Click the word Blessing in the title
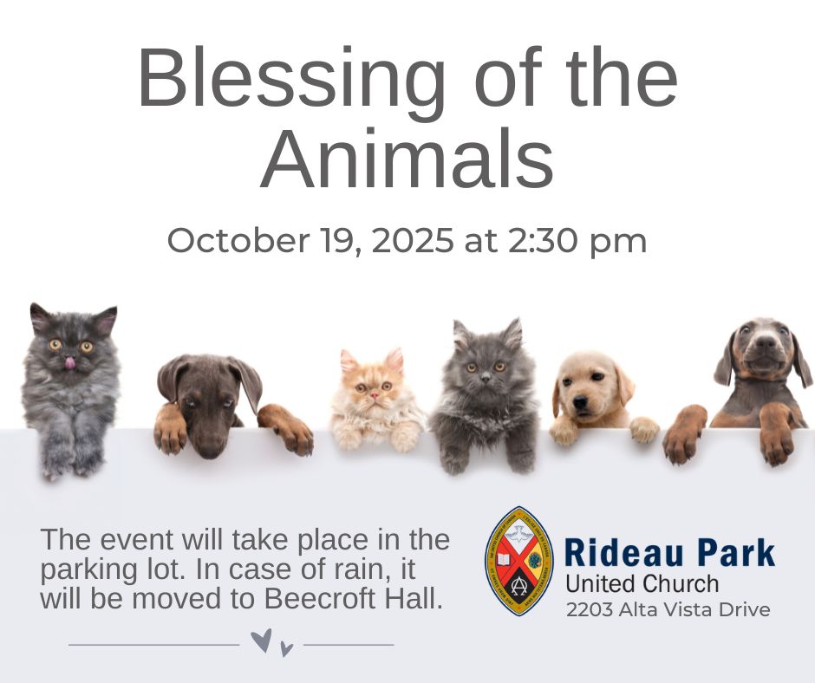[291, 77]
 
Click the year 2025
[413, 240]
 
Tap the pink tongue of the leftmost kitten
[69, 363]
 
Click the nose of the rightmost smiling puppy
[765, 342]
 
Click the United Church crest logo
[518, 562]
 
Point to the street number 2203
[590, 609]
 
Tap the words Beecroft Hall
[354, 599]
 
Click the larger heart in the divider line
[261, 641]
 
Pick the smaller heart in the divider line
[286, 648]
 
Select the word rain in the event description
[362, 569]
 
